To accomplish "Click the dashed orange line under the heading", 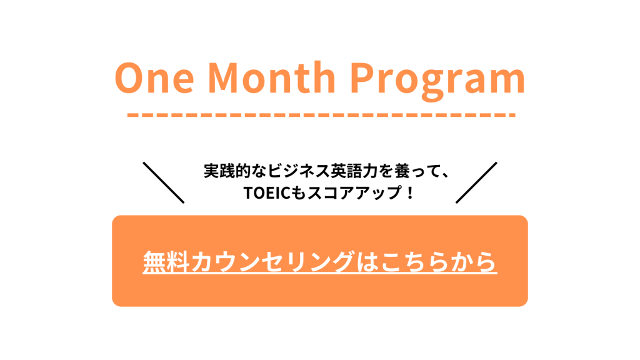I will [321, 115].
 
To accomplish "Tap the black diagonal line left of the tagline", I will [164, 182].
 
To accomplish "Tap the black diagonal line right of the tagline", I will [476, 182].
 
